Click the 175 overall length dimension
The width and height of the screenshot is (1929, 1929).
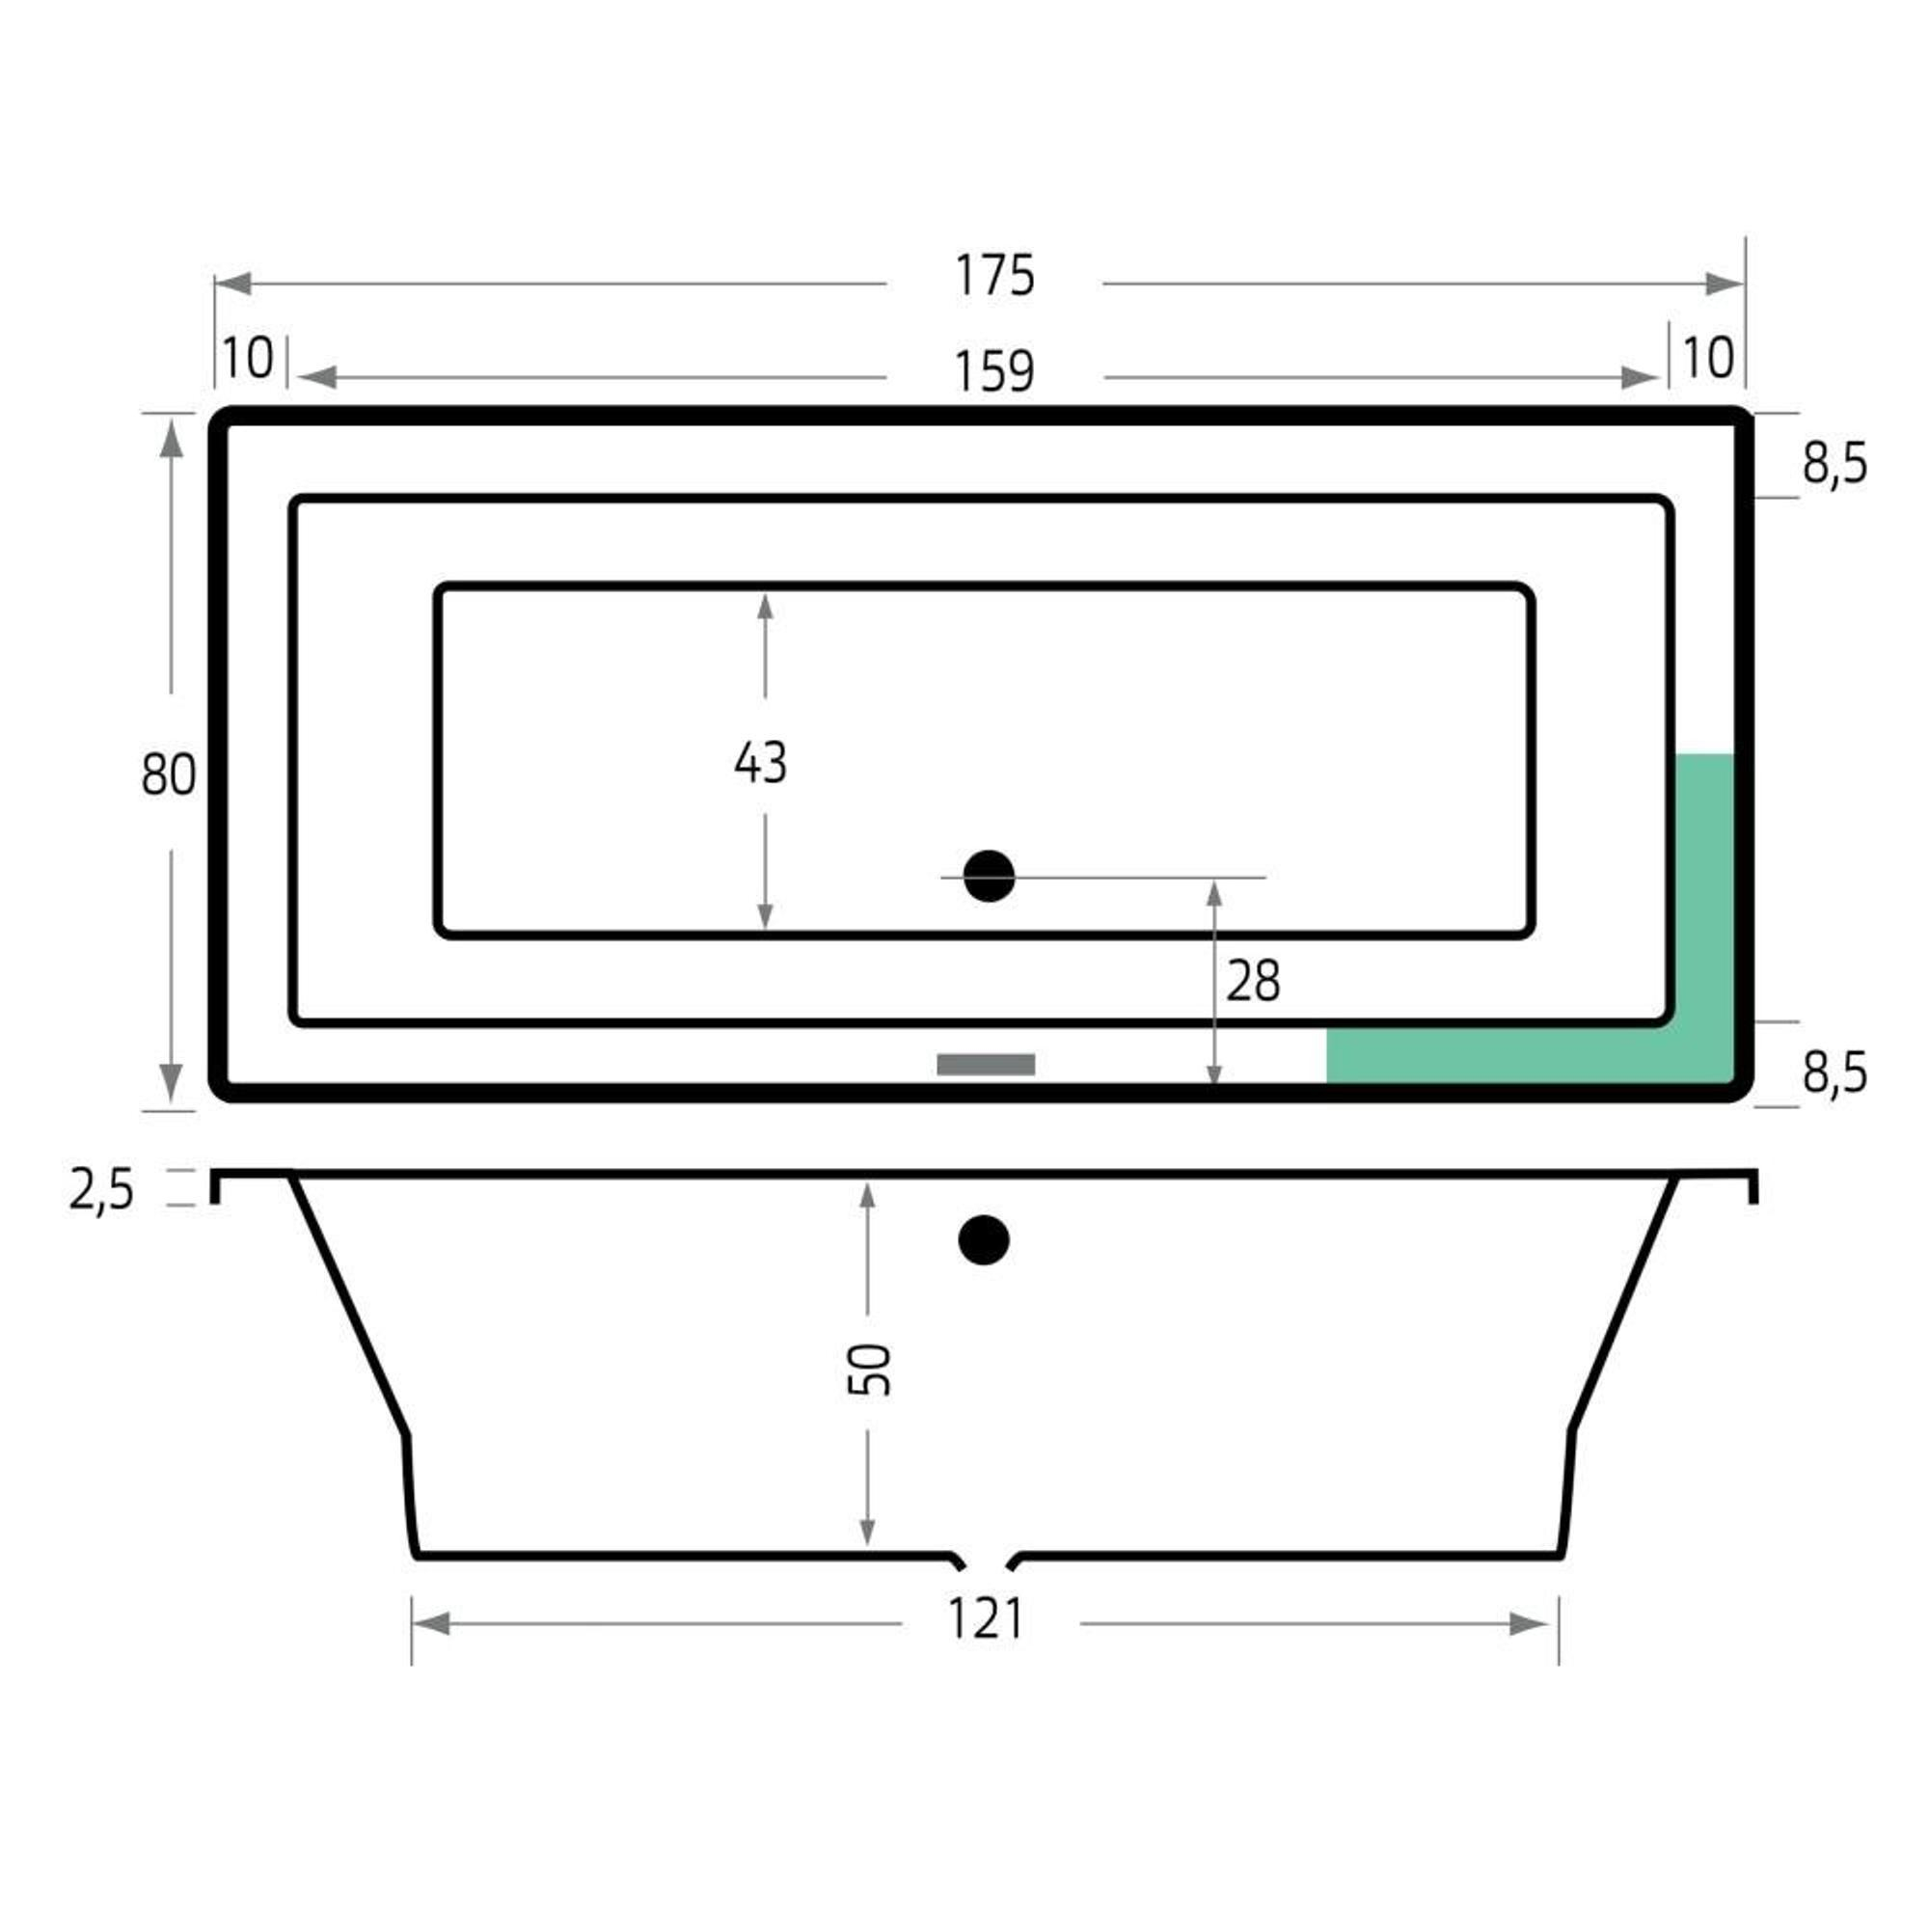click(x=994, y=276)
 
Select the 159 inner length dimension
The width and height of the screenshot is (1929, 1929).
click(x=994, y=371)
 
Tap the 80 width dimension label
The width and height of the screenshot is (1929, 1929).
click(x=168, y=774)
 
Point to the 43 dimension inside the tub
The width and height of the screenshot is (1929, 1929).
click(x=761, y=762)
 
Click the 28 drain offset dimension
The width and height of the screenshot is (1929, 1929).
click(x=1253, y=981)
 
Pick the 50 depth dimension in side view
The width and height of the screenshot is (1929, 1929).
click(x=869, y=1369)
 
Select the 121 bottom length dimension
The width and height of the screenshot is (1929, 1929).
click(x=986, y=1619)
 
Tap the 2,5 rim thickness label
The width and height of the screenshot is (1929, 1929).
click(x=101, y=1191)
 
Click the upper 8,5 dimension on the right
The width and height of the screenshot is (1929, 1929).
click(x=1834, y=464)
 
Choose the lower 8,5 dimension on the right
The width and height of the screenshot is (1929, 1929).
click(x=1834, y=1073)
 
